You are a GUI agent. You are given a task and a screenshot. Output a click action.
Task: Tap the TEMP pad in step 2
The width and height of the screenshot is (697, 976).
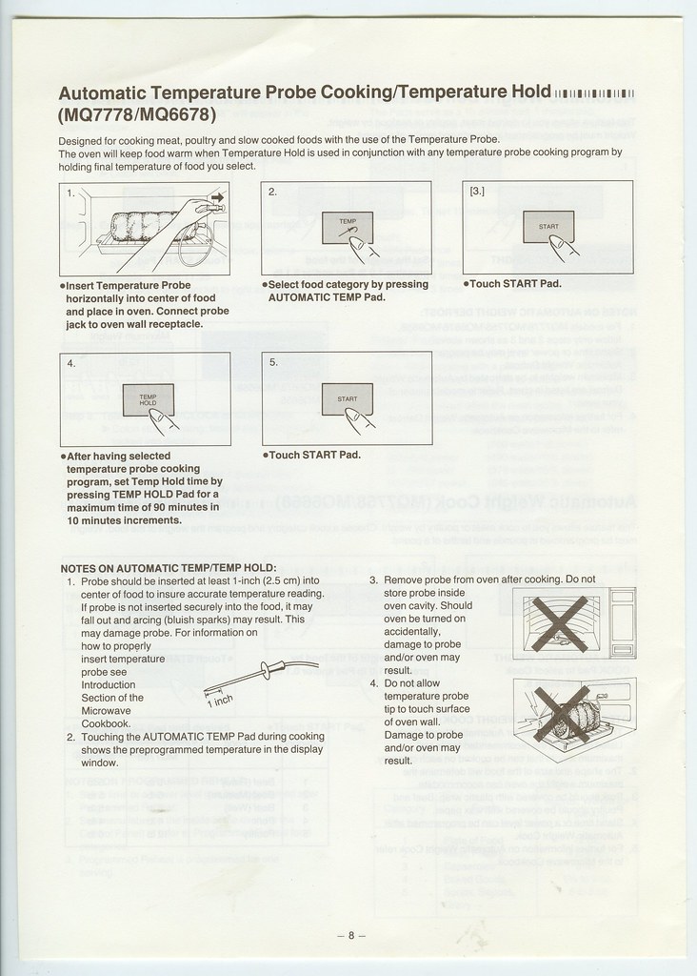point(347,227)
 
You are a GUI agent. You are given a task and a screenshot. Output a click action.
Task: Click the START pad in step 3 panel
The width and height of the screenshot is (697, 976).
point(548,227)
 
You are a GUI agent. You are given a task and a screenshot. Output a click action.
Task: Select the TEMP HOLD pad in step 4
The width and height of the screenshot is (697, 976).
point(148,399)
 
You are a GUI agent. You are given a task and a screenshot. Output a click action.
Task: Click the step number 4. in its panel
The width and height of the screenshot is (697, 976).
point(71,364)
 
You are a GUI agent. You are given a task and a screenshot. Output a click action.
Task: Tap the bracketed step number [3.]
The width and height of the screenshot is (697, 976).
point(478,191)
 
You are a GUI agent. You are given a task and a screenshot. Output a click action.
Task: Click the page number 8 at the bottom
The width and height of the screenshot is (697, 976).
point(350,935)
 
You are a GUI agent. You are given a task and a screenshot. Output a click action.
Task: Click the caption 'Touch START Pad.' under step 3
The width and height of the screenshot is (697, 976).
point(514,284)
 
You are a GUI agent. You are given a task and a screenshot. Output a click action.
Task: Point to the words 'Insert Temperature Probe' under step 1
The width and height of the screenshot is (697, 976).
point(129,285)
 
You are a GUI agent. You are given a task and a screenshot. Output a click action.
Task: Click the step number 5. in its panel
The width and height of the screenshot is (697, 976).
point(273,363)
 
